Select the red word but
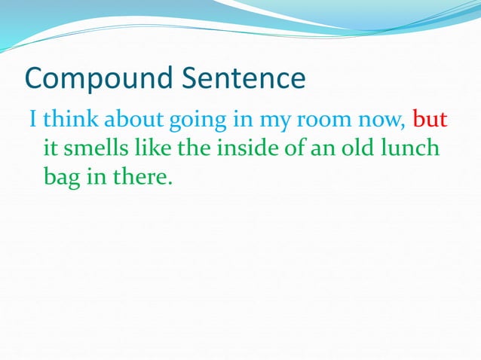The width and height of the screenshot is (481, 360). click(430, 119)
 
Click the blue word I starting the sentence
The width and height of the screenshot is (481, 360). click(32, 119)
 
